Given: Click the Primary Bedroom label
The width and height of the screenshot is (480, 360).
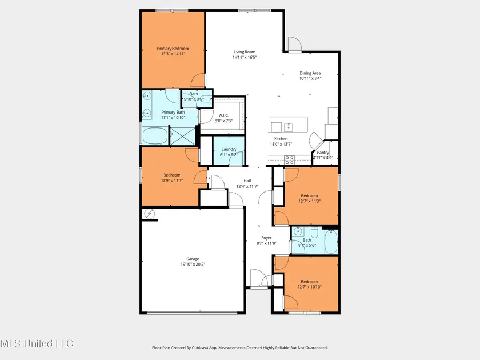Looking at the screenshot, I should click(x=173, y=49).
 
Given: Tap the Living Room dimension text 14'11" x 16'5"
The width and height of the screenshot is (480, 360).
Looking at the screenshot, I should click(x=245, y=57).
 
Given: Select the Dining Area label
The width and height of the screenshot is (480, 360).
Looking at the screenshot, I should click(x=310, y=73).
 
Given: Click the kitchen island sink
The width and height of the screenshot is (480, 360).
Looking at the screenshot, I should click(x=288, y=127).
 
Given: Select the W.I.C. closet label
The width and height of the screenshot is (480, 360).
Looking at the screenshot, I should click(x=223, y=115).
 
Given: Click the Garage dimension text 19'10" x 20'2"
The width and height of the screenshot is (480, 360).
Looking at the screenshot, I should click(x=193, y=264).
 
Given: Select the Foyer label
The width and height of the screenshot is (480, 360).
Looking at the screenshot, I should click(x=266, y=238).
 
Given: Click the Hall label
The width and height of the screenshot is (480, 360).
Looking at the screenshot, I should click(x=247, y=181).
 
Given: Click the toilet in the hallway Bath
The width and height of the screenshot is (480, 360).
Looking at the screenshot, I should click(x=315, y=234).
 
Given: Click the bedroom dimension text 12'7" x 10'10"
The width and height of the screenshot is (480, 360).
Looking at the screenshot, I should click(x=309, y=287).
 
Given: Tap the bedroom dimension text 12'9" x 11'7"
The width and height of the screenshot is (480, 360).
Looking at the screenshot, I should click(x=172, y=180).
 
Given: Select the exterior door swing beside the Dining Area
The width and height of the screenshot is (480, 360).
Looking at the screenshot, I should click(x=294, y=45).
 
